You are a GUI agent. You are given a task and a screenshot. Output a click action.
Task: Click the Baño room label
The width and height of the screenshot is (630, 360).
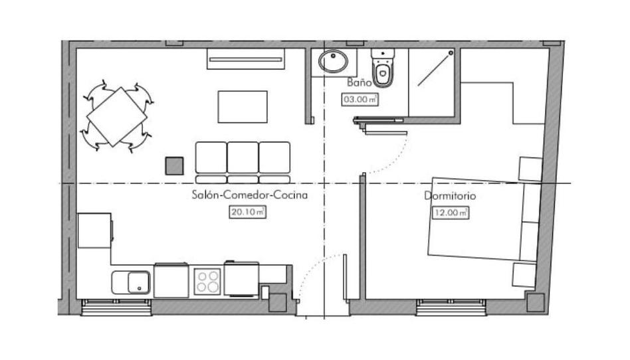click(360, 83)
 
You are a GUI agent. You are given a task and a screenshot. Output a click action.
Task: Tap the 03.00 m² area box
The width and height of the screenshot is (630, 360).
click(360, 99)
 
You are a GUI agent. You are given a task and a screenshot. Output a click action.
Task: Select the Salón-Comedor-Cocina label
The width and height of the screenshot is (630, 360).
click(249, 195)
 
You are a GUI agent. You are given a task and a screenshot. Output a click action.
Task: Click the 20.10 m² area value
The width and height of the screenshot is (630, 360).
click(247, 211)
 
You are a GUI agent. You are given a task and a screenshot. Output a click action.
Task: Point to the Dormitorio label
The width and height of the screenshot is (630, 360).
click(450, 196)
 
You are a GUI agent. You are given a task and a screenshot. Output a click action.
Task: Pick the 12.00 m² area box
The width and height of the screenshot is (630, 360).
click(451, 212)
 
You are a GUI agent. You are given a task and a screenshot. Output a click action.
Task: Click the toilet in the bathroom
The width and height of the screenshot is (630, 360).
click(383, 68)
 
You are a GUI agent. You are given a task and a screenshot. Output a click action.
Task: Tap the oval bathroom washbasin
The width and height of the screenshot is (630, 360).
click(334, 62)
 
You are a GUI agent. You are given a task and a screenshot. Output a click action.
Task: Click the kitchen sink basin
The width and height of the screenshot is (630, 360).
click(139, 282)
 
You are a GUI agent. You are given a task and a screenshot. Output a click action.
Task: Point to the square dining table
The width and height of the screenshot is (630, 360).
click(117, 116)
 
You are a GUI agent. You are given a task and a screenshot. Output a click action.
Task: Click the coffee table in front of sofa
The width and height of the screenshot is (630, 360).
click(243, 107)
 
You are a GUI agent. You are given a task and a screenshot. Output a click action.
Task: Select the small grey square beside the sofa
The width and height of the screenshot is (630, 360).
click(174, 166)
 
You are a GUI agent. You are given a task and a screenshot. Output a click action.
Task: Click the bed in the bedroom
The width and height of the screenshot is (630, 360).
click(483, 219)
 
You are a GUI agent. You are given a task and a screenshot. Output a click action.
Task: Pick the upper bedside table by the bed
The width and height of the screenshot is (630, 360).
click(530, 169)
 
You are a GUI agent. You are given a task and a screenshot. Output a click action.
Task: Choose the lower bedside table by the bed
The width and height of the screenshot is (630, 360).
click(524, 275)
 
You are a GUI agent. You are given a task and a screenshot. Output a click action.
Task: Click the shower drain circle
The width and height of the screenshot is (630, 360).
click(451, 53)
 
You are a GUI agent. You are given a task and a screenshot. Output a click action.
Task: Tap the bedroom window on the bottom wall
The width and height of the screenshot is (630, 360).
click(451, 308)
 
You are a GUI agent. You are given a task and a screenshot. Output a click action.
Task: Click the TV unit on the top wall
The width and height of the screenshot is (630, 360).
click(246, 59)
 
